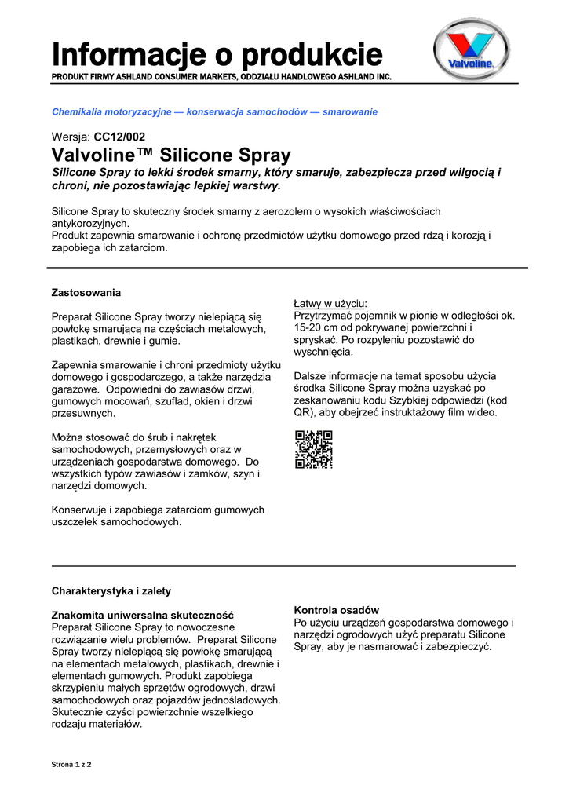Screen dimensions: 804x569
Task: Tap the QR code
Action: coord(313,450)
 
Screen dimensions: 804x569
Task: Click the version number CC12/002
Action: coord(119,137)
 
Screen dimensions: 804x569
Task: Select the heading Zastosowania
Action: coord(86,293)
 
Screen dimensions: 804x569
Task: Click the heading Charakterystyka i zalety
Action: coord(111,590)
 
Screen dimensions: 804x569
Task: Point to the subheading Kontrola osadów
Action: coord(336,610)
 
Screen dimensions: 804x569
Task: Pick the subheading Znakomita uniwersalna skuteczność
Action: coord(143,615)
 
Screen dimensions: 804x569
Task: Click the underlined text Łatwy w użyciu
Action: coord(330,303)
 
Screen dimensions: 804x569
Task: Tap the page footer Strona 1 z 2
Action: coord(71,764)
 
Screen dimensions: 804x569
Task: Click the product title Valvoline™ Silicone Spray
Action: coord(171,155)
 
